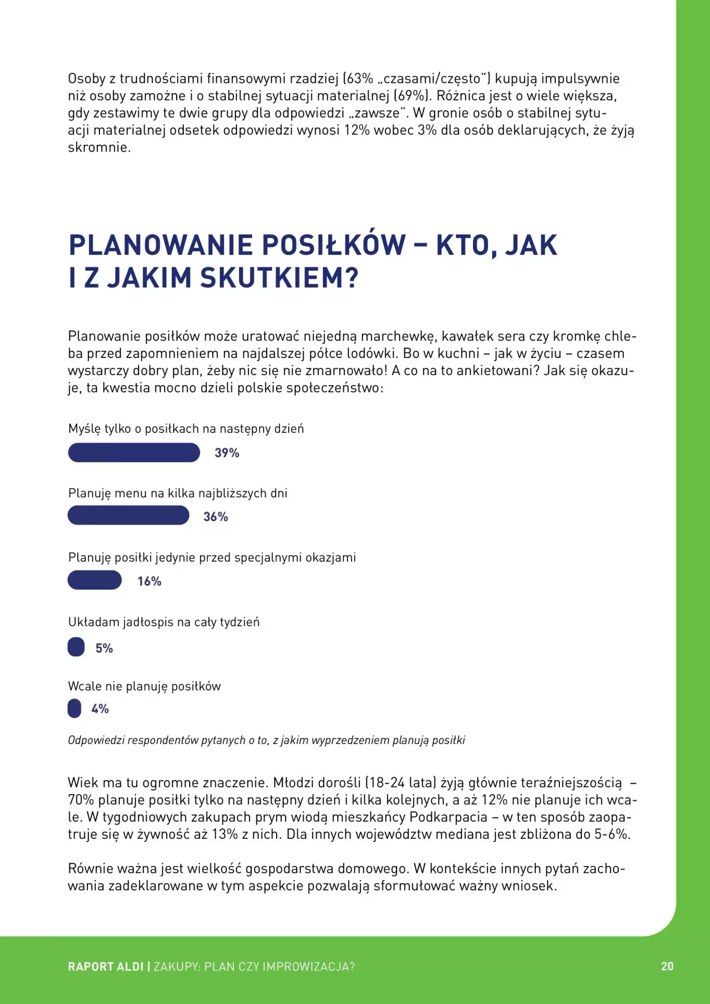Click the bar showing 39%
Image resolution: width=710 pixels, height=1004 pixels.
coord(134,452)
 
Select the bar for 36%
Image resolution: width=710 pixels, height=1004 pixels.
coord(128,516)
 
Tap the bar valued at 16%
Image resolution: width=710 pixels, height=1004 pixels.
coord(94,580)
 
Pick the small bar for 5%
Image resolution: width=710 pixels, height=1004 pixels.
coord(76,647)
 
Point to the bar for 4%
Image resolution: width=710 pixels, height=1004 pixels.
coord(74,708)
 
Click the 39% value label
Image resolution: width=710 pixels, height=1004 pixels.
coord(227,453)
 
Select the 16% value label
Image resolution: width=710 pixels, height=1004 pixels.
coord(149,581)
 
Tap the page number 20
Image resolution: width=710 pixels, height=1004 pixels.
coord(667,966)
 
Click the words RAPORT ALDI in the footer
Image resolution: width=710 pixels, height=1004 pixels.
coord(105,966)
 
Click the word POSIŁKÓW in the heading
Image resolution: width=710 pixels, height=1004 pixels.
coord(333,245)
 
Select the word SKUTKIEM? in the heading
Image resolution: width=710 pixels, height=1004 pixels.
coord(279,278)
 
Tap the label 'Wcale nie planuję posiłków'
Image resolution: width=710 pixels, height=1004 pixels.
coord(144,686)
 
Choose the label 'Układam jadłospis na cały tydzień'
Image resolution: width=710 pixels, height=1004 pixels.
coord(164,622)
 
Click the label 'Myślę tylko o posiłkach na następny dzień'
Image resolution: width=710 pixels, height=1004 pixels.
coord(186,429)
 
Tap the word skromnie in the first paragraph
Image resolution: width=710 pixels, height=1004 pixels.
coord(98,148)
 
